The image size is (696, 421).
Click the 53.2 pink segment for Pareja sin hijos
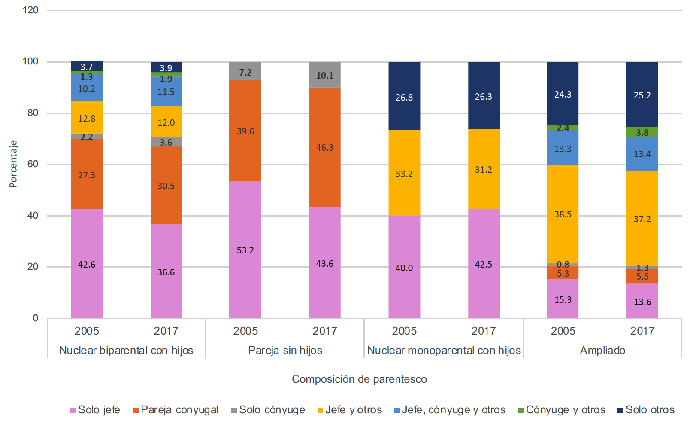click(245, 250)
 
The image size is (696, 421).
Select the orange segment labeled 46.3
click(324, 147)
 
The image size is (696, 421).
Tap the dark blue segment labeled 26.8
click(404, 97)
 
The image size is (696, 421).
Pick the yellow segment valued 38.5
click(563, 214)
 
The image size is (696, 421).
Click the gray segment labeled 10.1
click(324, 75)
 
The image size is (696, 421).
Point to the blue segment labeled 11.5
click(166, 92)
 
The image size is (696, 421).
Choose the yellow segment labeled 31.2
click(484, 169)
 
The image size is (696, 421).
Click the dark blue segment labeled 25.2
click(642, 95)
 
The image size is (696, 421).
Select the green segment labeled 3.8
click(642, 132)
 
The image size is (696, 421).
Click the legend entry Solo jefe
click(95, 410)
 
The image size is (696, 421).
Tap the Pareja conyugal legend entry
click(176, 410)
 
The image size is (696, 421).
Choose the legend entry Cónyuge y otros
click(562, 410)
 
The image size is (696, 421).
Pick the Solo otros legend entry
click(646, 410)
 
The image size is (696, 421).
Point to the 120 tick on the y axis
click(30, 10)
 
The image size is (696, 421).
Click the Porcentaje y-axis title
click(13, 164)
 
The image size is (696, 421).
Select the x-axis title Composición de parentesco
click(359, 379)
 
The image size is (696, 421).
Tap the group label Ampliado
click(602, 350)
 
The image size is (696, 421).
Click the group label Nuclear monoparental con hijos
click(444, 350)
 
